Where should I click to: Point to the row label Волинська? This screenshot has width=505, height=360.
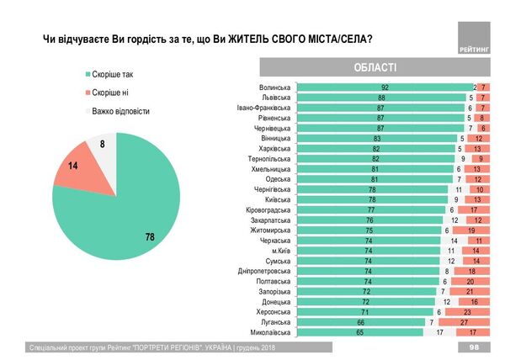(272, 87)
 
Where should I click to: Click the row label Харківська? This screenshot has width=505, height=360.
(271, 148)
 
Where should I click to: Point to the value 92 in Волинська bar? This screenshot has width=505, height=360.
(384, 87)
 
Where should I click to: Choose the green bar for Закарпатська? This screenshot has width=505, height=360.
(370, 220)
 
